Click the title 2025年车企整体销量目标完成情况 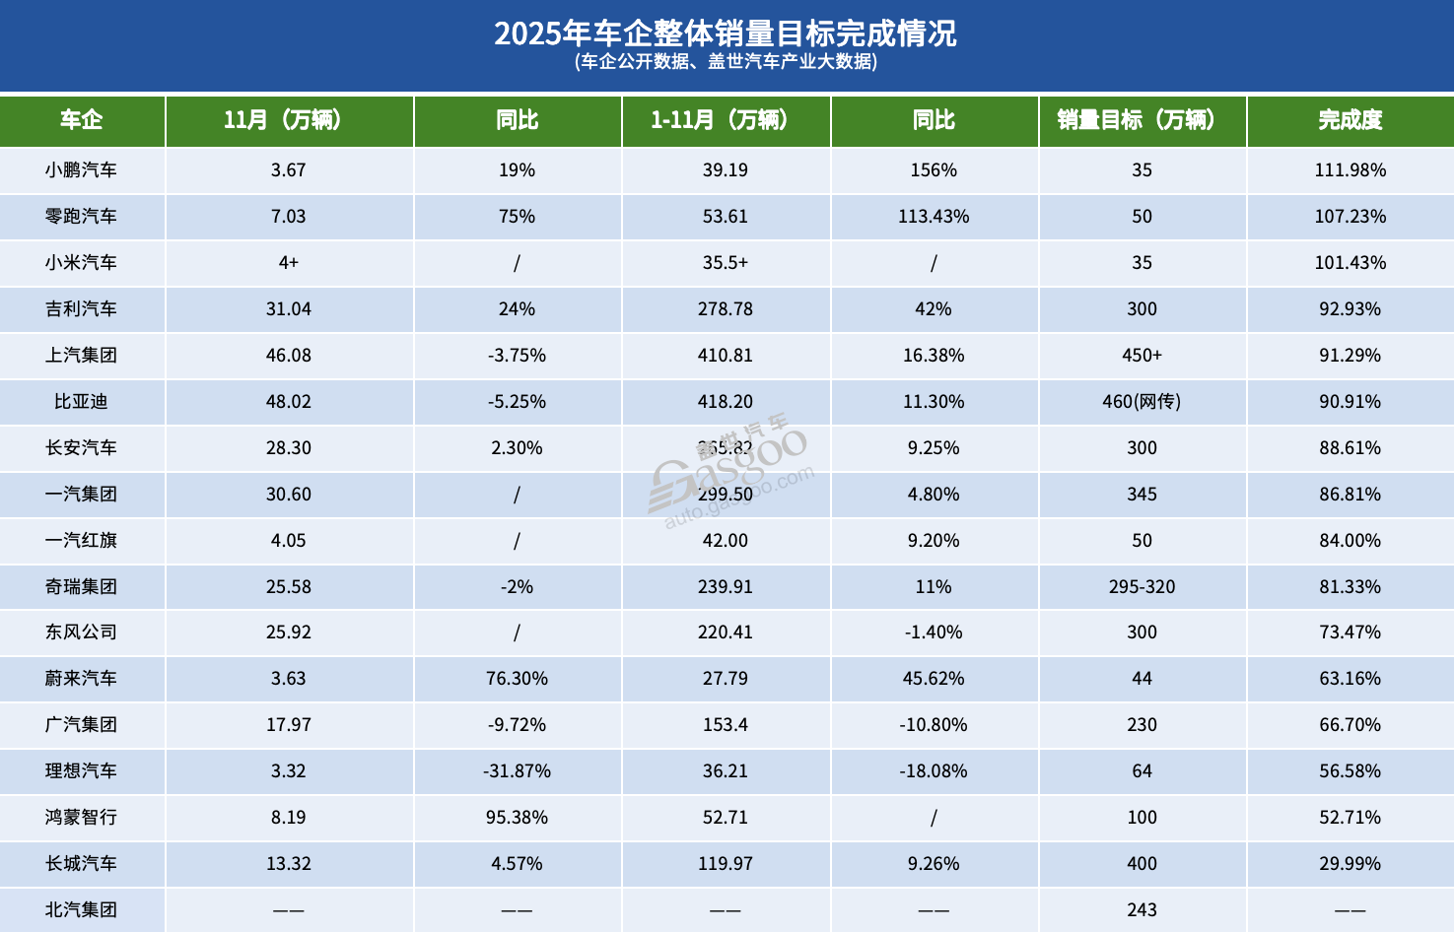726,33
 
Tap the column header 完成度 1350,120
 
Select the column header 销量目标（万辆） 1142,120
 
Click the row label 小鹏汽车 81,170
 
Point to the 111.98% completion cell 1350,170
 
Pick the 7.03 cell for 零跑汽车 288,217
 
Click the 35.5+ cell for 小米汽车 725,263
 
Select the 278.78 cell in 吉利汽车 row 725,309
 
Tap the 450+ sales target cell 1142,356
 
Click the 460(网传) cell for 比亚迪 1142,402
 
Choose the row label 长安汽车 81,448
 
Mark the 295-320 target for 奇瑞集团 1142,587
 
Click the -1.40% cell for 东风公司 933,632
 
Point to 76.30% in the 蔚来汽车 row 517,679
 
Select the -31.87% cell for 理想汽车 517,771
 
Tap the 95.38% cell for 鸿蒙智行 517,818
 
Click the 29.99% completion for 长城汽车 1350,864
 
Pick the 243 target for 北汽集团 1142,910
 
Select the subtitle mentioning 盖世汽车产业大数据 726,62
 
